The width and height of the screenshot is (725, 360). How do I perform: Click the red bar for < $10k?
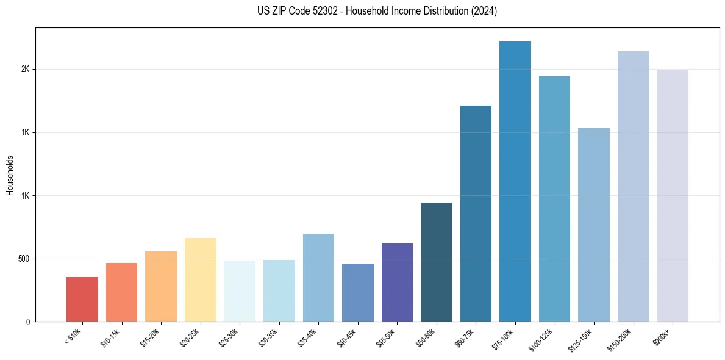point(82,299)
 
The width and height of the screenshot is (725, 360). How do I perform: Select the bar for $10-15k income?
point(121,292)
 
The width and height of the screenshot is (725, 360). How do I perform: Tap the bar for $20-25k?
point(200,279)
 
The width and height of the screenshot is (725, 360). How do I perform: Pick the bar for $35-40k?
point(318,278)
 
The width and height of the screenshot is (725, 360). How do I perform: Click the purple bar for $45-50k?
point(397,283)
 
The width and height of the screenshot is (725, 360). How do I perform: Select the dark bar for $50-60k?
point(437,262)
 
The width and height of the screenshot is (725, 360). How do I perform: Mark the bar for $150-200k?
point(633,186)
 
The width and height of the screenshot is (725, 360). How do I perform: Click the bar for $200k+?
point(673,195)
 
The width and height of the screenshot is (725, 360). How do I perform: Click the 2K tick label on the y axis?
point(25,70)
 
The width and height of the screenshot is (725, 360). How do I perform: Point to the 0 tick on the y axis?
point(28,322)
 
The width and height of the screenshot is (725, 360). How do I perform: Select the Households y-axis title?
point(10,175)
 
